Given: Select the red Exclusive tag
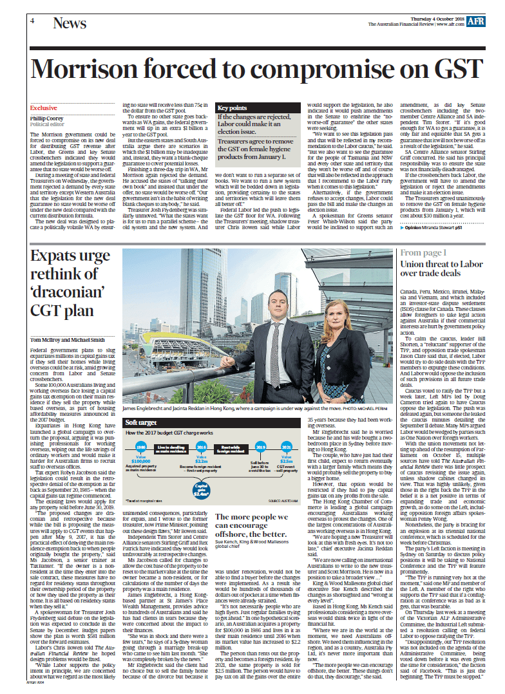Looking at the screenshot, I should [44, 108].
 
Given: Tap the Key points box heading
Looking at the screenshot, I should [232, 108].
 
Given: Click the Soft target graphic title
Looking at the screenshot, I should [142, 422].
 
